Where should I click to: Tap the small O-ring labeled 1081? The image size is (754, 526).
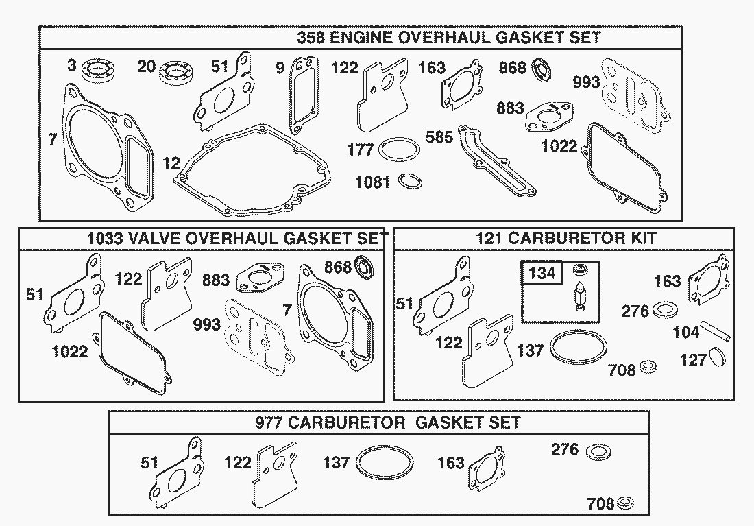pyautogui.click(x=410, y=181)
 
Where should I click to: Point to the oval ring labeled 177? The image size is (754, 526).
pyautogui.click(x=398, y=150)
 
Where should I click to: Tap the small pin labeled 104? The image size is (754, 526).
pyautogui.click(x=714, y=328)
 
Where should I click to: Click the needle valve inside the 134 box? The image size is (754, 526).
pyautogui.click(x=581, y=299)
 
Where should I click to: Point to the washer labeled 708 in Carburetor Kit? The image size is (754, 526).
pyautogui.click(x=648, y=368)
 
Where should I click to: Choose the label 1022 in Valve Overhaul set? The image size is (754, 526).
pyautogui.click(x=70, y=352)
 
